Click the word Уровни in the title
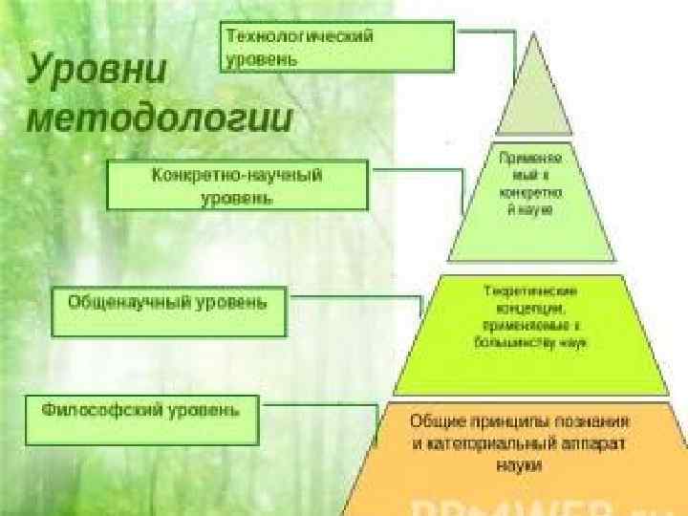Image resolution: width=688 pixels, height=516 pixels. [x=97, y=71]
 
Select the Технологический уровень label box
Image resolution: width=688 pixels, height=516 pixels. [x=337, y=47]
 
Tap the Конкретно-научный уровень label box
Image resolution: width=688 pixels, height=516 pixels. [x=237, y=185]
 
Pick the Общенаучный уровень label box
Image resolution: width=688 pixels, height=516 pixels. [x=168, y=311]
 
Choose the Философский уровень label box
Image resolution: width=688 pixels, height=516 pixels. [x=141, y=419]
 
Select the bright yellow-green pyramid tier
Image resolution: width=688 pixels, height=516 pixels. [x=531, y=334]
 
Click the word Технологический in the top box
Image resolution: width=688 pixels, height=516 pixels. [x=299, y=35]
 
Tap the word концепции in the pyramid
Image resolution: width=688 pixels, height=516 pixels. [x=531, y=309]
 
